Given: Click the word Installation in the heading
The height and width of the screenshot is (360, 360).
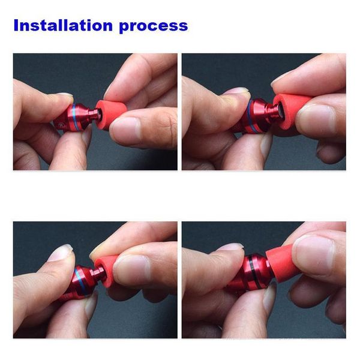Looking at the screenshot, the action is tap(63, 25).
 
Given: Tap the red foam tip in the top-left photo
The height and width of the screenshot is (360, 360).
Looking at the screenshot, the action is tap(110, 113).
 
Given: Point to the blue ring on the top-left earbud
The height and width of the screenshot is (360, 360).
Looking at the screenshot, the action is tap(74, 117).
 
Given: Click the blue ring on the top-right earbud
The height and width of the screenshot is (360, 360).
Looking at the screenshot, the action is tap(250, 117).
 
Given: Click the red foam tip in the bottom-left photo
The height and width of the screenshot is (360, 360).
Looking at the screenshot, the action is tap(106, 271).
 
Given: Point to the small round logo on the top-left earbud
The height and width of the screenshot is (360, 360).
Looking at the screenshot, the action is tap(61, 125).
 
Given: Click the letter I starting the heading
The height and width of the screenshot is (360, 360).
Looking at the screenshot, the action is tap(16, 25).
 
